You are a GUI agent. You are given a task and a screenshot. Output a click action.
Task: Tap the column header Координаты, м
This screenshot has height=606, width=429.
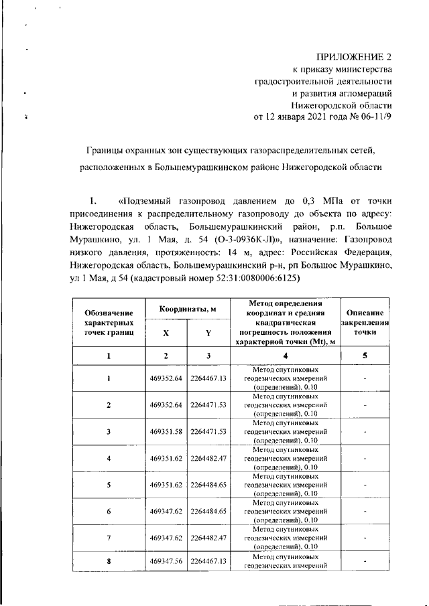[185, 309]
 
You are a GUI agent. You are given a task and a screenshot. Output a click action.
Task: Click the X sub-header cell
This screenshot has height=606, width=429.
[166, 332]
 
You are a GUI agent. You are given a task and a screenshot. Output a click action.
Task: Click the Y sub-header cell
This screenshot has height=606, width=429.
[208, 332]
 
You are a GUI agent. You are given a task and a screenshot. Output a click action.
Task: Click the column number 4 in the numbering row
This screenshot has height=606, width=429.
[285, 356]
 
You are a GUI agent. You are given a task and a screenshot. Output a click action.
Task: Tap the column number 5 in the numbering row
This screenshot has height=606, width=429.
[365, 356]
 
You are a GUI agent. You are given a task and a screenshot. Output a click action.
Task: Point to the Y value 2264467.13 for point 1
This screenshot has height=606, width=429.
[208, 378]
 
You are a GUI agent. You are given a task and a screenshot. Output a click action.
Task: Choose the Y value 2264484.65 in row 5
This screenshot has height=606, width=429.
[208, 484]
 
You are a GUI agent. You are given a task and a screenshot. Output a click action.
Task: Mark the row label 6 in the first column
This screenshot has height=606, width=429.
[109, 510]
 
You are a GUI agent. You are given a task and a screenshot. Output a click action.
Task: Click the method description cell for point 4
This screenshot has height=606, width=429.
[285, 458]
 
